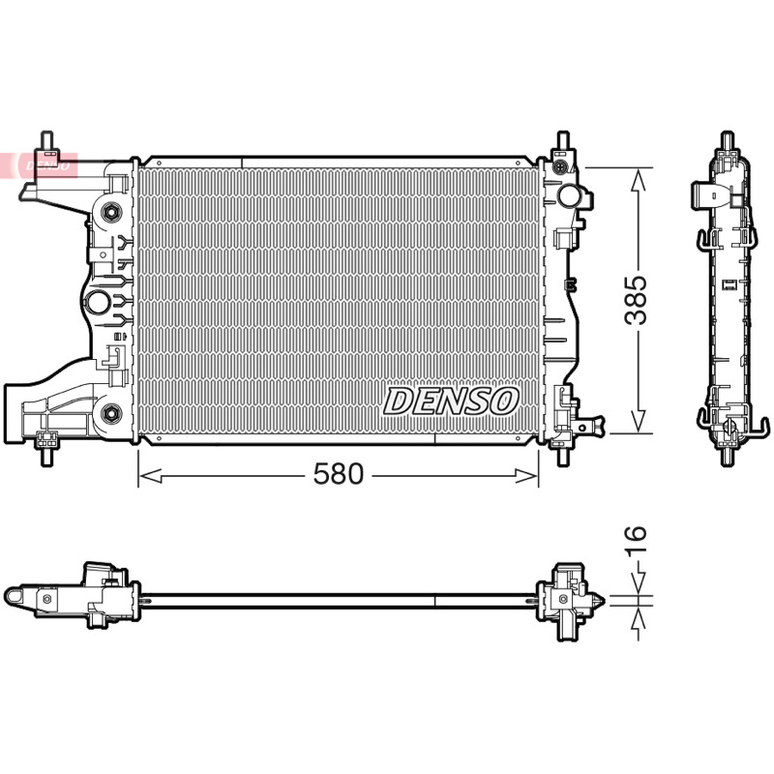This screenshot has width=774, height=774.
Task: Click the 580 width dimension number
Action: point(339,474)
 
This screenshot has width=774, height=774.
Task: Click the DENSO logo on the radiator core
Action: point(451,401)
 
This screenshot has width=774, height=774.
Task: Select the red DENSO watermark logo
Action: point(47,165)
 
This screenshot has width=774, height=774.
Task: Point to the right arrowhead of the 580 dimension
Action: point(526,476)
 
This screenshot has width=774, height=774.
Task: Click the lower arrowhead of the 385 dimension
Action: point(639,421)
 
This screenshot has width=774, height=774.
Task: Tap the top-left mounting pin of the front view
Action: point(46,140)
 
